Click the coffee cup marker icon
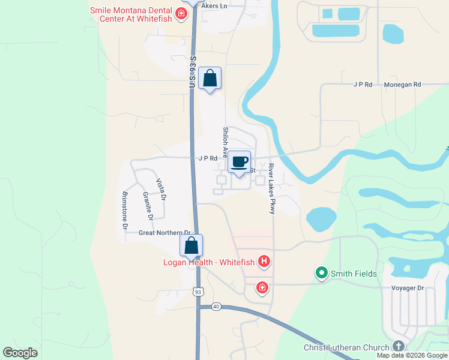[239, 161]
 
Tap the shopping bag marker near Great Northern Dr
[191, 245]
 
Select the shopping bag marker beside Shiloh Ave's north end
[209, 78]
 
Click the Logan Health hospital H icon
[263, 261]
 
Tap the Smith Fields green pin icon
[322, 274]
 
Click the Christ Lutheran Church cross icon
[398, 346]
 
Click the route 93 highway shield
[197, 292]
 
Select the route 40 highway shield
[216, 307]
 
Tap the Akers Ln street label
[215, 5]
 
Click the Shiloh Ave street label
[226, 142]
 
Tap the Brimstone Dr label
[125, 210]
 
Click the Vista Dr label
[161, 189]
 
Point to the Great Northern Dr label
[164, 233]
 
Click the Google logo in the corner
[20, 352]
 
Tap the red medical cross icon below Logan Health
[262, 288]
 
